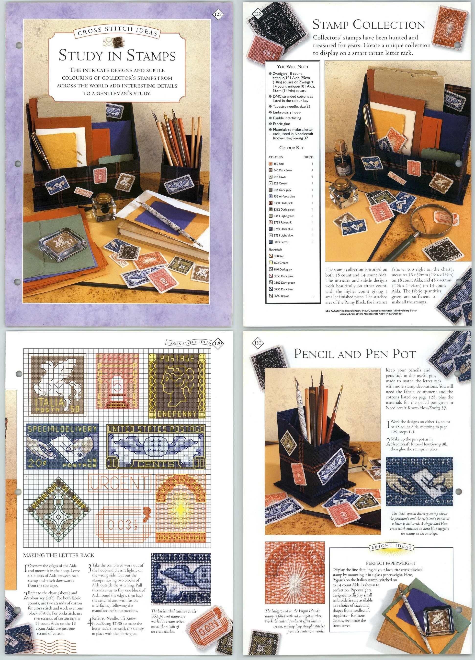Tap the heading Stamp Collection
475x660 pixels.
click(x=369, y=25)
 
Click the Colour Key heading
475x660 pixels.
click(x=291, y=148)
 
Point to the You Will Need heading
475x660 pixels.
click(x=292, y=67)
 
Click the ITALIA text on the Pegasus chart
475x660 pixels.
click(x=49, y=402)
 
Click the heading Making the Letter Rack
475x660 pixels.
click(x=59, y=555)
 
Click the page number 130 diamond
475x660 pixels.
click(x=258, y=343)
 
